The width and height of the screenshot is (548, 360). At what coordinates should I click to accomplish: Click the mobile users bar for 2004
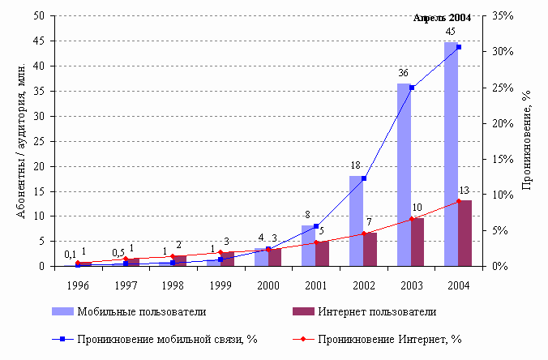[452, 154]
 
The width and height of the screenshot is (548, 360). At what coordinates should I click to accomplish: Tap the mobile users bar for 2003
[404, 174]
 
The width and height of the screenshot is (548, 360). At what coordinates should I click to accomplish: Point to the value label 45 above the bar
[451, 32]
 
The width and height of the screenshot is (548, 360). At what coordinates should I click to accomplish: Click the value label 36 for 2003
[403, 73]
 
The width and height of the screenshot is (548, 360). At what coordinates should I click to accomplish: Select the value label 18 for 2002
[355, 165]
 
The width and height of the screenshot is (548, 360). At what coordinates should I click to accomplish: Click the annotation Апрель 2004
[441, 18]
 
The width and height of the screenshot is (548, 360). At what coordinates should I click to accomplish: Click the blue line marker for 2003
[412, 88]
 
